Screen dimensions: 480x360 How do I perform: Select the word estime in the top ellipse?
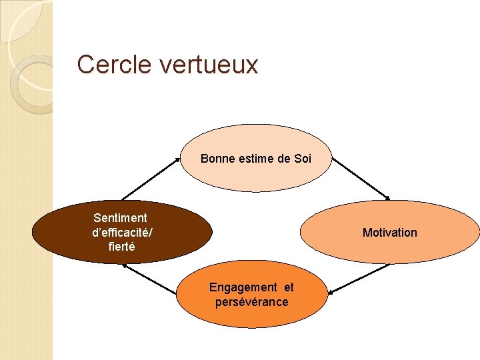coord(251,159)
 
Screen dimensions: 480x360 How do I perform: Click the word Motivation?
coord(389,233)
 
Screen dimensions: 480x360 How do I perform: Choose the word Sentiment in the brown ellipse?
coord(120,218)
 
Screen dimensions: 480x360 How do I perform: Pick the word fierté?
coord(121,246)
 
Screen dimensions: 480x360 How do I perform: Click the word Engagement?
coord(243,287)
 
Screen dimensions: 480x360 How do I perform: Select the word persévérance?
coord(251,302)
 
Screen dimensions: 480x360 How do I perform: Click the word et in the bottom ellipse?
coord(288,287)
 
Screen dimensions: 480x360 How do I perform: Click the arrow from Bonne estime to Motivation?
coord(361,178)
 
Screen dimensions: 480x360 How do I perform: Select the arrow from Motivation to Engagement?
coord(359,279)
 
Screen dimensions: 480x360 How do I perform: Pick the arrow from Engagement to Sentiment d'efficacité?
coord(151,279)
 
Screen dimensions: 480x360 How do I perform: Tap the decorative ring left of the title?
coord(29,83)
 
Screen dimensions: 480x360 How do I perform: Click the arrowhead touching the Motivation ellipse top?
coord(387,197)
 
